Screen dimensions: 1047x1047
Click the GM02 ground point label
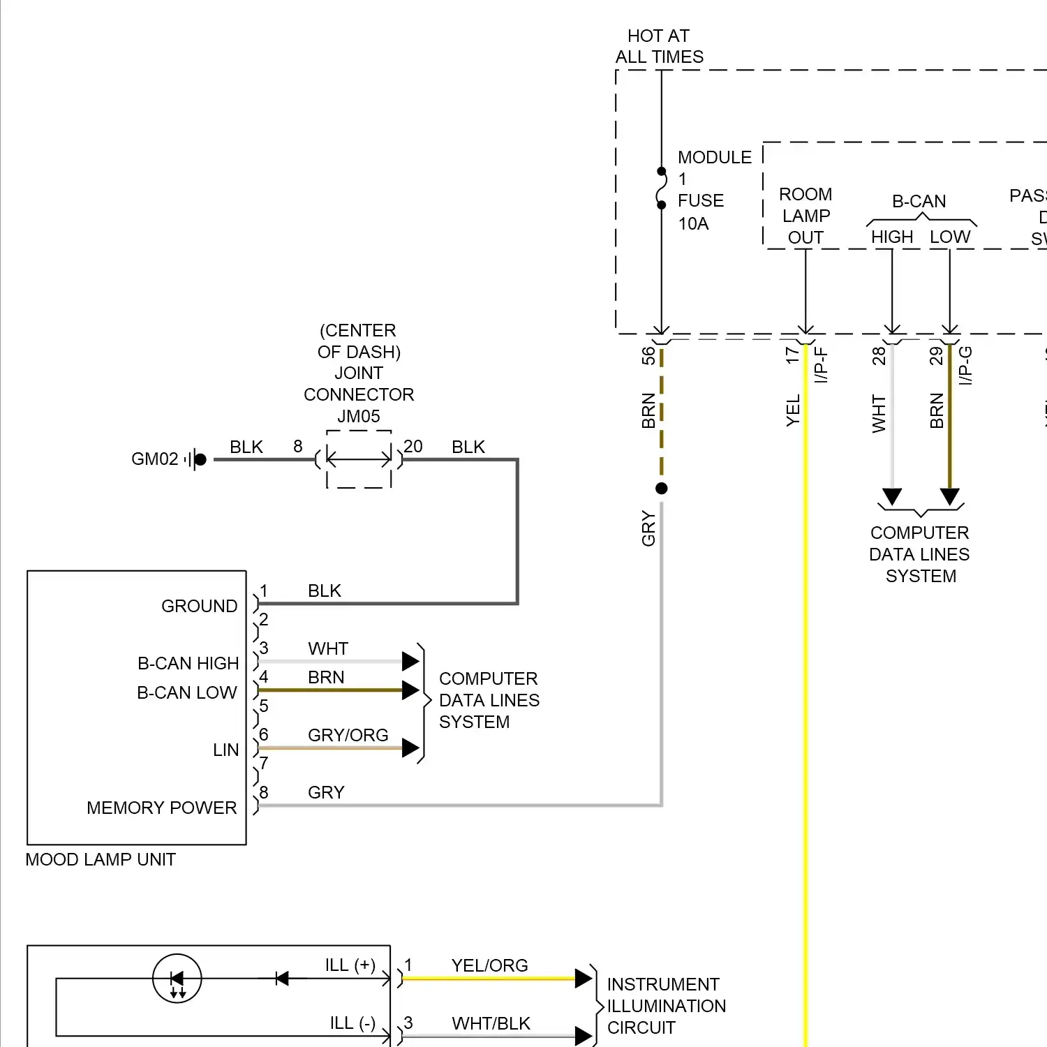click(155, 459)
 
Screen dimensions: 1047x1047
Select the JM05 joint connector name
click(359, 417)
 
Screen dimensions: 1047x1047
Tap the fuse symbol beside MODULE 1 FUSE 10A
click(662, 189)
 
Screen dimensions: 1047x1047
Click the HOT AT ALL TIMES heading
click(659, 46)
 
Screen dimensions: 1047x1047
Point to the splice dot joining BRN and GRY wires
click(662, 489)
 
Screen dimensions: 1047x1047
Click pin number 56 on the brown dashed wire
click(648, 356)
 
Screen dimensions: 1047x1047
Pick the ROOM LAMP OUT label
click(805, 216)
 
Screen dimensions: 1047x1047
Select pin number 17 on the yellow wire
click(792, 355)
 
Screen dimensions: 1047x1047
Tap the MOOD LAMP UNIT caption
click(101, 860)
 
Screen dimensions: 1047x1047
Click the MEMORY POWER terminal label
click(162, 808)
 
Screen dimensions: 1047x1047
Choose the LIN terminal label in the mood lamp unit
click(225, 750)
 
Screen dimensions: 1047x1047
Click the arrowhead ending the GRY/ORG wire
click(410, 748)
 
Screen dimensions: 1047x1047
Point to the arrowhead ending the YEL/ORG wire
click(583, 979)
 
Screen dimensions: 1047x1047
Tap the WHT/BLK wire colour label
click(491, 1024)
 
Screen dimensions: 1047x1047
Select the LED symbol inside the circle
click(177, 979)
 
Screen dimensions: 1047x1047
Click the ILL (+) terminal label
click(350, 965)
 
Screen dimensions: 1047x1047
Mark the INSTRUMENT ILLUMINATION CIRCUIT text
click(666, 1006)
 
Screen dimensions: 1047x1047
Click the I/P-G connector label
click(965, 366)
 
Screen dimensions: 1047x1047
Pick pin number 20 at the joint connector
click(413, 447)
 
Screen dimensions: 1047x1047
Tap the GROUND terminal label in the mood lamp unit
click(200, 607)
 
